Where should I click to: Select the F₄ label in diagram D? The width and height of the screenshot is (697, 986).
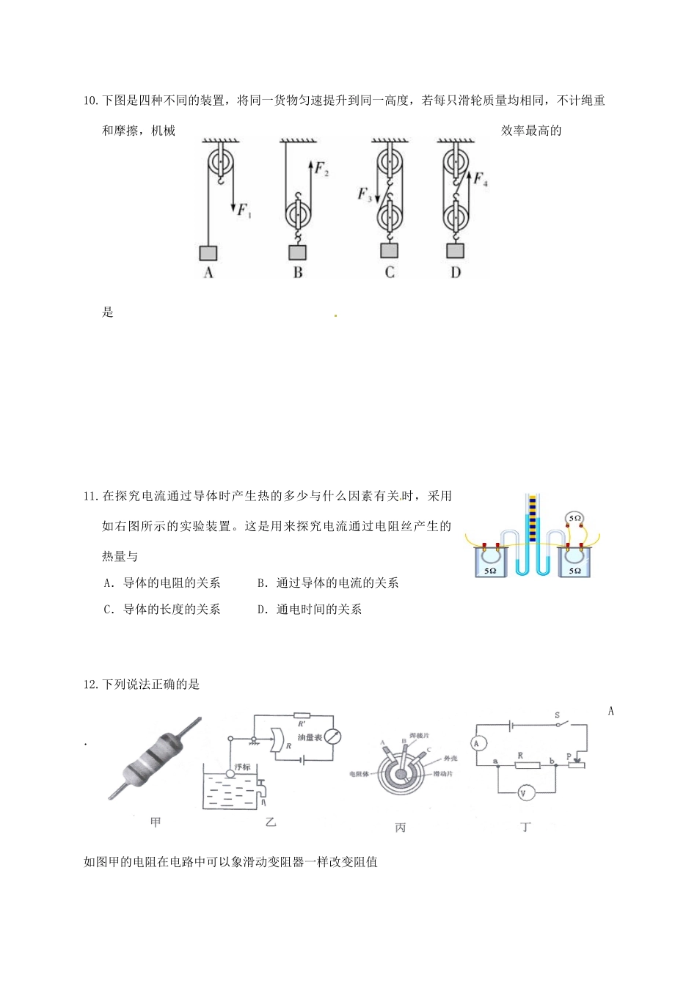click(x=480, y=178)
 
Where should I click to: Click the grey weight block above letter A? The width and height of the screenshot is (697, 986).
click(x=208, y=252)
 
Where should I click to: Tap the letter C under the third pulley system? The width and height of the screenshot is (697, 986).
click(x=390, y=273)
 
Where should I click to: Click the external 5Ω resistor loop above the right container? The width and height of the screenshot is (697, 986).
click(x=574, y=519)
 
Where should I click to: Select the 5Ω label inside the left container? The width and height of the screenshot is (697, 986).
click(x=490, y=570)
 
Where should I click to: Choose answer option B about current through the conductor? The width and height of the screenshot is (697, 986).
click(x=328, y=583)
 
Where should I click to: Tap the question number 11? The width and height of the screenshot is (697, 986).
click(x=90, y=497)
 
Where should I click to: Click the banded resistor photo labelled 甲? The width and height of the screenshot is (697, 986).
click(x=156, y=759)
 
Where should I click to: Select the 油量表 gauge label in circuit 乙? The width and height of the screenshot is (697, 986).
click(x=309, y=737)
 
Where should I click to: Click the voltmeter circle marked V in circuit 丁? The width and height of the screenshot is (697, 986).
click(x=523, y=793)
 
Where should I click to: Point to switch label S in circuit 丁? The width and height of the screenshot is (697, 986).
click(x=557, y=715)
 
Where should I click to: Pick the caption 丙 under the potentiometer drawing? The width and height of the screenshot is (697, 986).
click(x=400, y=828)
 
